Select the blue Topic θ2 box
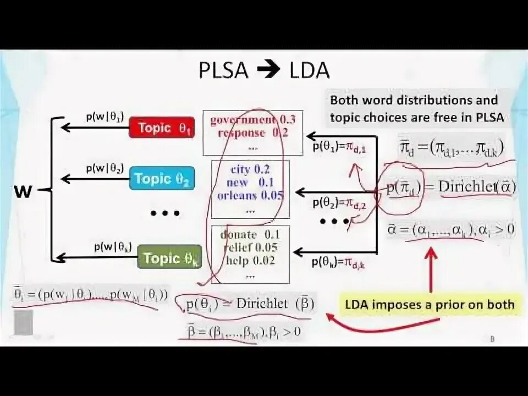162,178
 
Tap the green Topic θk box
169,257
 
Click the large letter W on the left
23,191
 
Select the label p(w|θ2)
105,168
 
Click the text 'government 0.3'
245,120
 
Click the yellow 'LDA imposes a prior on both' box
430,304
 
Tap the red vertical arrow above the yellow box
431,269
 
